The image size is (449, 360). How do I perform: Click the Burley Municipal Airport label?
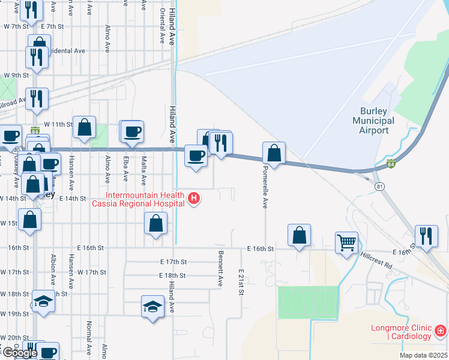(x=377, y=121)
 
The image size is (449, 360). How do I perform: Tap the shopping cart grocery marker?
(x=346, y=243)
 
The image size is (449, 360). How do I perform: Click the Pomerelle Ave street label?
(x=264, y=187)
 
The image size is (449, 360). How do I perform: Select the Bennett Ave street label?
(x=220, y=268)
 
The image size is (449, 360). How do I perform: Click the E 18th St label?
(x=173, y=275)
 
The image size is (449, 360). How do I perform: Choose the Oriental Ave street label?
(x=162, y=25)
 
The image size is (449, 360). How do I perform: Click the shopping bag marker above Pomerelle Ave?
(x=274, y=153)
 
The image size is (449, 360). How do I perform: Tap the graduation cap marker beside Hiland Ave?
(x=152, y=307)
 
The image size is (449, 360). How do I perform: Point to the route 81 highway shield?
(x=379, y=187)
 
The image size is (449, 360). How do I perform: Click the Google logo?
(x=19, y=353)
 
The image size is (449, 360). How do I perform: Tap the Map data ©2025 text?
(x=423, y=355)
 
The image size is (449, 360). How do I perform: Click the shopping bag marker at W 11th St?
(x=84, y=127)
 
